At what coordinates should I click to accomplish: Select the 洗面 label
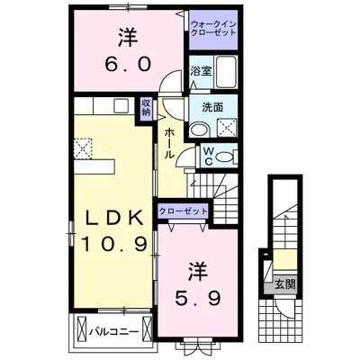point(212,108)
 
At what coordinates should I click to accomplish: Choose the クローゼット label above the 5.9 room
point(183,211)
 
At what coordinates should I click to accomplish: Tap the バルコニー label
point(112,330)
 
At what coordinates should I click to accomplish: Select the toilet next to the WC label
point(226,155)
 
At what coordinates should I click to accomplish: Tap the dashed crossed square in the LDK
point(84,147)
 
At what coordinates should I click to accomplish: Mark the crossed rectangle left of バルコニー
point(82,329)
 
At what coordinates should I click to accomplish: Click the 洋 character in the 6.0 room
point(125,39)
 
